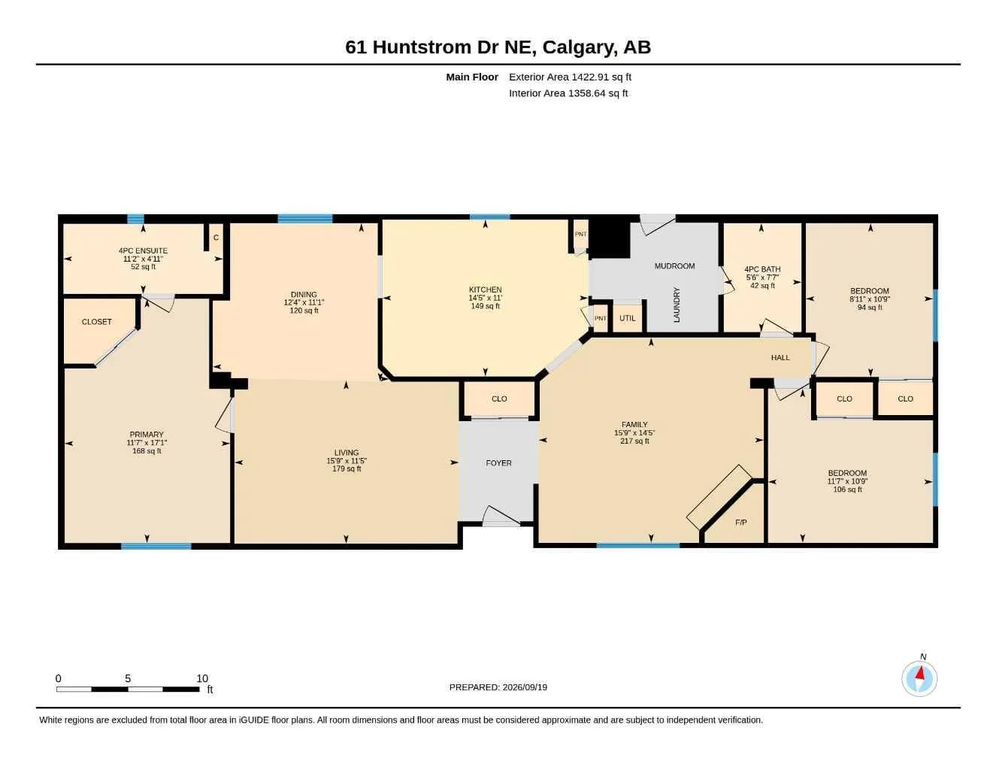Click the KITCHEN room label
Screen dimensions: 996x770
485,290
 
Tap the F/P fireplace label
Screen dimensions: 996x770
740,523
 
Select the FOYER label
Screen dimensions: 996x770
498,463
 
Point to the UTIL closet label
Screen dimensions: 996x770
627,318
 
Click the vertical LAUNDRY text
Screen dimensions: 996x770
677,305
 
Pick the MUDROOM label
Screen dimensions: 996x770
674,266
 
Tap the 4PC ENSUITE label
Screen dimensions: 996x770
143,250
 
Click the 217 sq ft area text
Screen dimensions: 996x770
634,441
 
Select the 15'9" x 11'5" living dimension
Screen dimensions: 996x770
347,461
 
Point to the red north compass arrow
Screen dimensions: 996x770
919,673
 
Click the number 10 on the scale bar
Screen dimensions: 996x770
202,678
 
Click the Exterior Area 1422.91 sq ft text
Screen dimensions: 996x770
570,77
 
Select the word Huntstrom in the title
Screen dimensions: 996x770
422,47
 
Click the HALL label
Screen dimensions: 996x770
780,357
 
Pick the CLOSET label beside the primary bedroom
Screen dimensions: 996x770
96,322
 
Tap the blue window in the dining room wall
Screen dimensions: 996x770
304,218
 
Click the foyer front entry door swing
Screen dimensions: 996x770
501,517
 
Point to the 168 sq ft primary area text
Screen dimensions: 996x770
147,450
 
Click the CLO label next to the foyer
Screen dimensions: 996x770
498,399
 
